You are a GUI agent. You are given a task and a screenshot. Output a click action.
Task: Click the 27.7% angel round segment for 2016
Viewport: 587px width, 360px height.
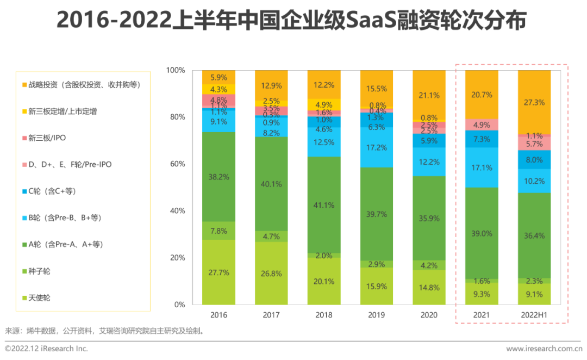[218, 272]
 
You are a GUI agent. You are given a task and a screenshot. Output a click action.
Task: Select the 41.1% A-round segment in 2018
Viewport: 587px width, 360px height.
[324, 205]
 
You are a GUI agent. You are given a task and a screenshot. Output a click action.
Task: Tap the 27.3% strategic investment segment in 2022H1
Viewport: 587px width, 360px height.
[534, 102]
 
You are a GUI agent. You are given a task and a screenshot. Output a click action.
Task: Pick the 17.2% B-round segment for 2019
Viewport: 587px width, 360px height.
[377, 147]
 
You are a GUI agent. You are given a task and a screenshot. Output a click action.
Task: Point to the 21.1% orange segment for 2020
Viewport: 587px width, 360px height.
[429, 95]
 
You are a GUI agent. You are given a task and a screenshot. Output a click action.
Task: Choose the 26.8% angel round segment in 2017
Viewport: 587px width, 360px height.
[271, 273]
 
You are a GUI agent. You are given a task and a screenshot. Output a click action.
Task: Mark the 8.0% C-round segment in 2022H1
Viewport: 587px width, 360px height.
[534, 159]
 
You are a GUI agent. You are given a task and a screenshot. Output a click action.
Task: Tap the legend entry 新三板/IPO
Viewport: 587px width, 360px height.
[47, 138]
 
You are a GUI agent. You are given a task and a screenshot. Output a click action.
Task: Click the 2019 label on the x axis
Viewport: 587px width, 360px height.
[377, 315]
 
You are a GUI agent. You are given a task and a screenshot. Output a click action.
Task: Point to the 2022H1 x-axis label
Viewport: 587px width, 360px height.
[534, 315]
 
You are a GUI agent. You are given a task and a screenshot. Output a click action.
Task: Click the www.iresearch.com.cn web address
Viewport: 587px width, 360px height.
[544, 349]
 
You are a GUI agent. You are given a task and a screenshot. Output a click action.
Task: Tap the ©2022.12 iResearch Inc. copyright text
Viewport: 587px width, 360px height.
[46, 349]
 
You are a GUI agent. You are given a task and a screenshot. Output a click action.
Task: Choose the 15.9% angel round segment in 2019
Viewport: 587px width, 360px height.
[377, 285]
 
